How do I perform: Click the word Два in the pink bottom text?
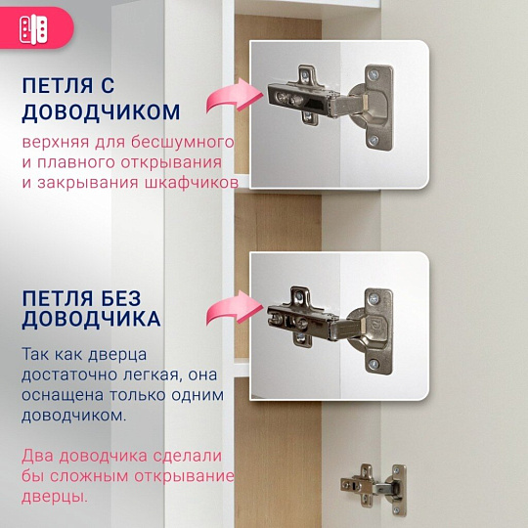pyautogui.click(x=38, y=456)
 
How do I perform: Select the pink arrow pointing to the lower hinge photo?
pyautogui.click(x=225, y=310)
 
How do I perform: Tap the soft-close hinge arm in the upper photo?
pyautogui.click(x=303, y=95)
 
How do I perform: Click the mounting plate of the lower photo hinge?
pyautogui.click(x=376, y=324)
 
